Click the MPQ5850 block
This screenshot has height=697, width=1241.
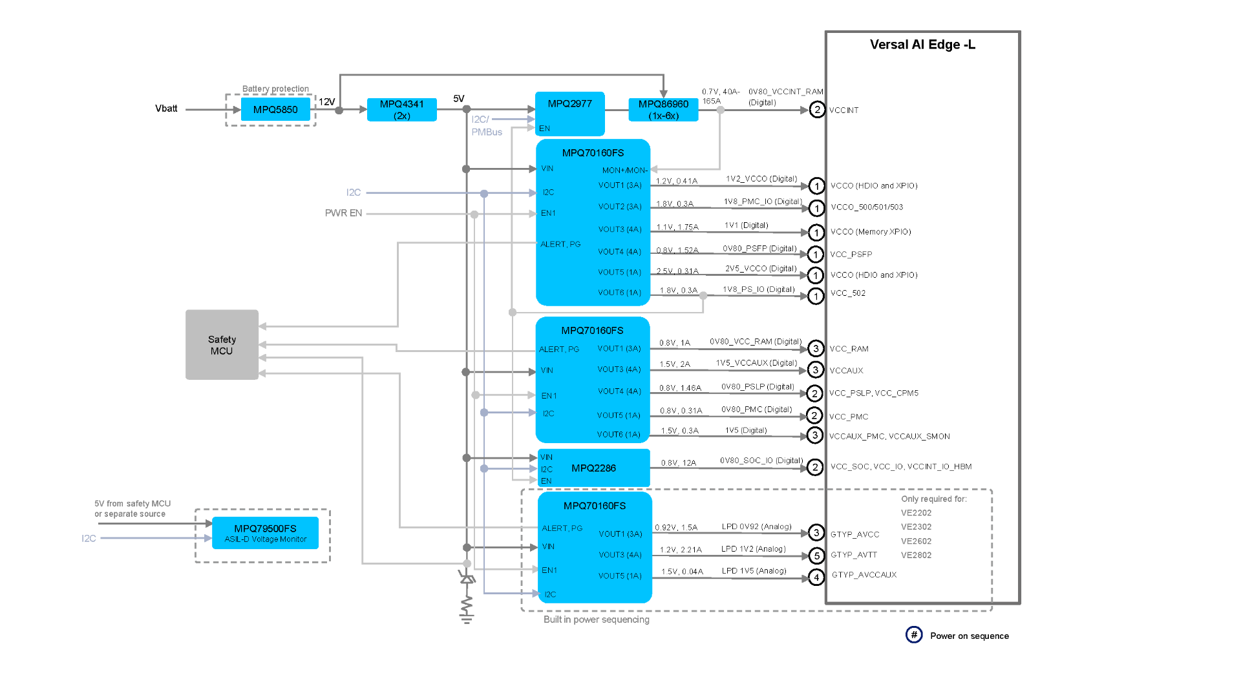[275, 110]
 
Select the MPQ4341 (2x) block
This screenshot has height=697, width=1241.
[401, 110]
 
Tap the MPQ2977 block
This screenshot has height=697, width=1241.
[569, 113]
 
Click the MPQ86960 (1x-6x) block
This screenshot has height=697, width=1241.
[663, 110]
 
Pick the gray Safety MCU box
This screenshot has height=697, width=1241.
[222, 345]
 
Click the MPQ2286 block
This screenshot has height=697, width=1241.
[593, 468]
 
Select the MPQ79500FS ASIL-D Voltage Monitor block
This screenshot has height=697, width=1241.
[265, 533]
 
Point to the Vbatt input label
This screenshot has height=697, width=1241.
[166, 109]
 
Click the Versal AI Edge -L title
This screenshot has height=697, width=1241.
[922, 45]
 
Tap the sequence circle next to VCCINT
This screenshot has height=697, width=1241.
[817, 110]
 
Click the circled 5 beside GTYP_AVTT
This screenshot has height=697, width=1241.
[816, 556]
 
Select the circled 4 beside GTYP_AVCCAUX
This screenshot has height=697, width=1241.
[816, 577]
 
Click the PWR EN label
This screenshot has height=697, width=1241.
[343, 213]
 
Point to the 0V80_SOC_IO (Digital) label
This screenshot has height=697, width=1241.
[761, 461]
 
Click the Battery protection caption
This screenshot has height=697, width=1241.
[275, 89]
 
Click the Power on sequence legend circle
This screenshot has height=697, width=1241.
[914, 635]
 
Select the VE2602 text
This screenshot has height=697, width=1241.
[916, 541]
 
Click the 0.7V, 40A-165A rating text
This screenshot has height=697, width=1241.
[720, 96]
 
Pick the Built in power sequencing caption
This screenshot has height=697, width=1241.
[596, 619]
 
